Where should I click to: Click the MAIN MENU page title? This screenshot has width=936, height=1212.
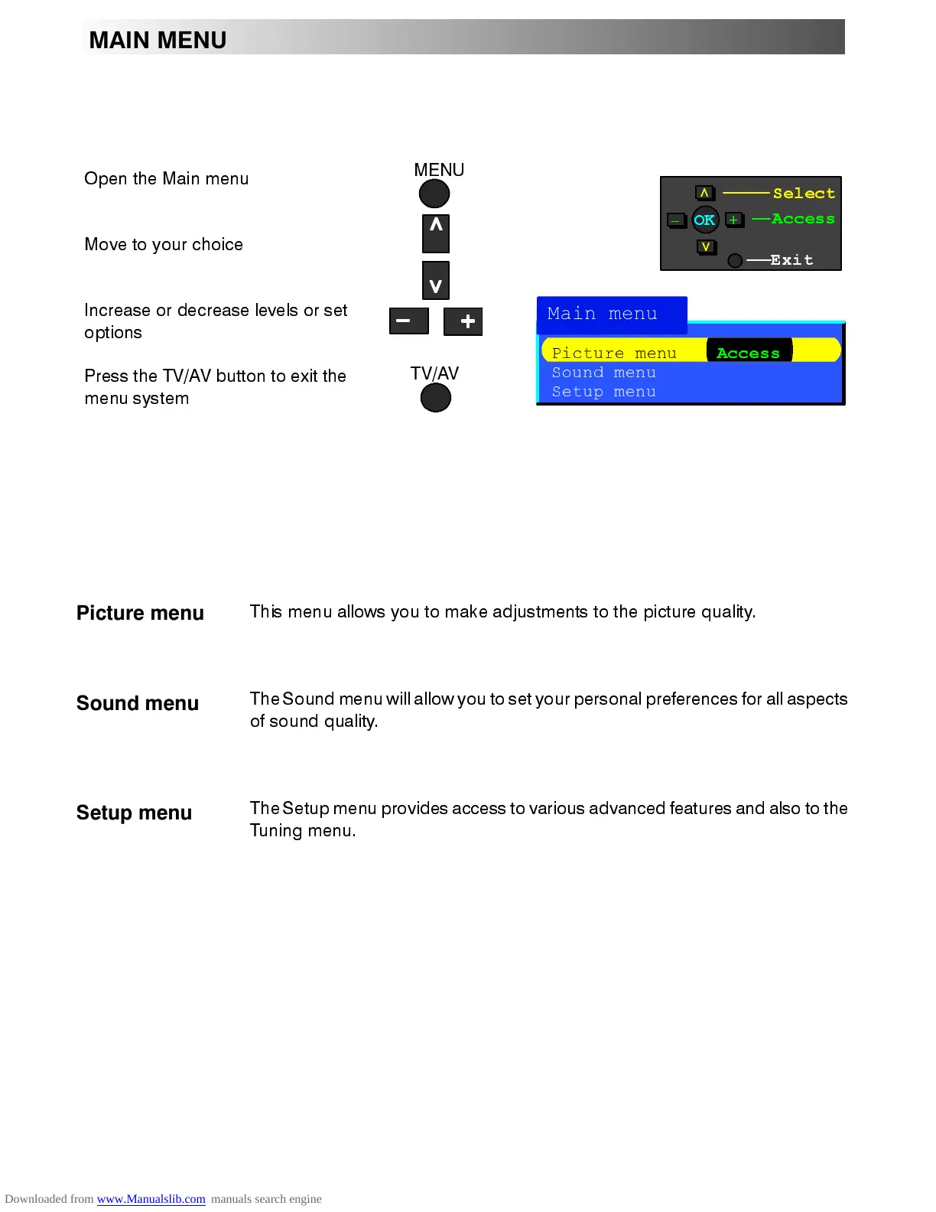coord(158,40)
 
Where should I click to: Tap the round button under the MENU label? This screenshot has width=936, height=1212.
coord(434,194)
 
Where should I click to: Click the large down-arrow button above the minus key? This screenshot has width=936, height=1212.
coord(436,281)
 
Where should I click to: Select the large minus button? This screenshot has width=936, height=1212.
coord(408,321)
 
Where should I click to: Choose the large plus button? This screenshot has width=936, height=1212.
coord(463,321)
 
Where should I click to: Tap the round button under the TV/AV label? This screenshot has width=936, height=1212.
coord(436,398)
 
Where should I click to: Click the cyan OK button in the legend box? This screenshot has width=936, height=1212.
coord(704,220)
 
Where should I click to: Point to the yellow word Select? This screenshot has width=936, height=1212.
coord(804,194)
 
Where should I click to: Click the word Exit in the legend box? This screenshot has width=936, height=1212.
coord(791,260)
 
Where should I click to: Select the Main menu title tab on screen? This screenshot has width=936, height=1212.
coord(603,314)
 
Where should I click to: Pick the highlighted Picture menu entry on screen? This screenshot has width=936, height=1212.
coord(614,353)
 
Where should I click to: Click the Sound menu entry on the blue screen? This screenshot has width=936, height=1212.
coord(604,373)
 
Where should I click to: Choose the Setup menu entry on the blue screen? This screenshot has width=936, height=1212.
coord(604,392)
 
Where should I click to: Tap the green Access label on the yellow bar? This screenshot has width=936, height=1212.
coord(748,353)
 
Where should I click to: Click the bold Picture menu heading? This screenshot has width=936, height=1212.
coord(140,613)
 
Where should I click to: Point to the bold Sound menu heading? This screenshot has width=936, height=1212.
coord(138,703)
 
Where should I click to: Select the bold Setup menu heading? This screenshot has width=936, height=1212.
coord(134,813)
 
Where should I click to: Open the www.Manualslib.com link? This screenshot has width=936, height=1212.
coord(151,1199)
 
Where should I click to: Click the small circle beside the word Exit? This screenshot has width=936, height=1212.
coord(735,261)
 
